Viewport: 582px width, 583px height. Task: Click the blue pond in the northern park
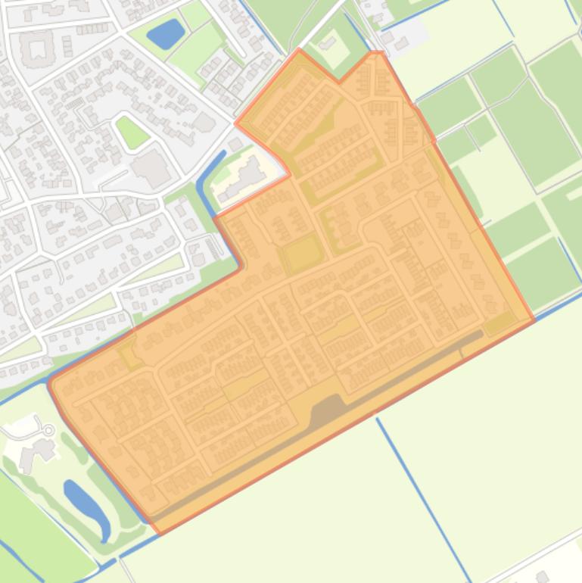[165, 33]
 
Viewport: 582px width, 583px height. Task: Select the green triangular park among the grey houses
[132, 132]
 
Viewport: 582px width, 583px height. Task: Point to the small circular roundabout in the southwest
[49, 430]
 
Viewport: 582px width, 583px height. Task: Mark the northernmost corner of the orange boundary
[300, 50]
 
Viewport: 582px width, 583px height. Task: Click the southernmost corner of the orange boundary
[159, 533]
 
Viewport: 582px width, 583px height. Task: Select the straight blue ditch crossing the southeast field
[424, 499]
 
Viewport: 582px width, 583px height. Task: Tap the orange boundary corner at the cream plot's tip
[290, 175]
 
